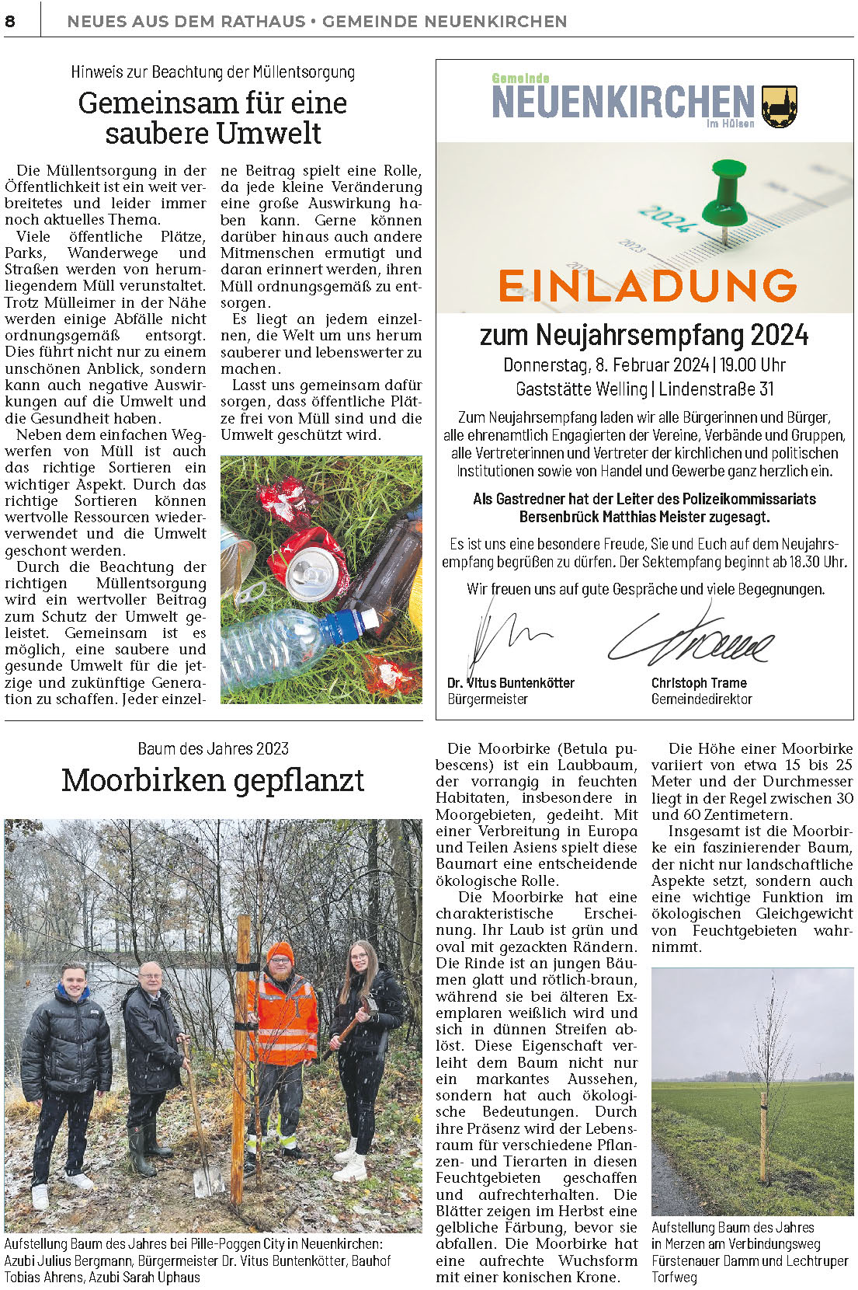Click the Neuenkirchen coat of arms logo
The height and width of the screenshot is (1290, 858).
pos(779,107)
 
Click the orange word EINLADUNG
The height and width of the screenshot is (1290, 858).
pos(648,285)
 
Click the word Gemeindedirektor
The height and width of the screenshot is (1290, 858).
pos(701,699)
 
